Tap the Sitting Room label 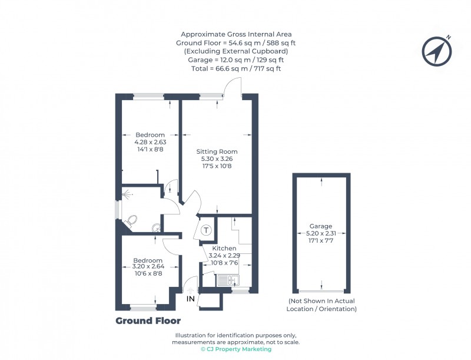tap(217, 151)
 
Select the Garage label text tap(321, 226)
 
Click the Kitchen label tap(224, 249)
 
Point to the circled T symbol tap(206, 230)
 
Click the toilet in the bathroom tap(132, 221)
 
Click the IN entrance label tap(191, 299)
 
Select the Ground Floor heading tap(148, 321)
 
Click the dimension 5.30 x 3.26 tap(217, 159)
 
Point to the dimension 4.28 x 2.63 tap(150, 142)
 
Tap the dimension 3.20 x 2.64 tap(147, 267)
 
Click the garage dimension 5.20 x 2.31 tap(321, 233)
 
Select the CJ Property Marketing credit tap(235, 349)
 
